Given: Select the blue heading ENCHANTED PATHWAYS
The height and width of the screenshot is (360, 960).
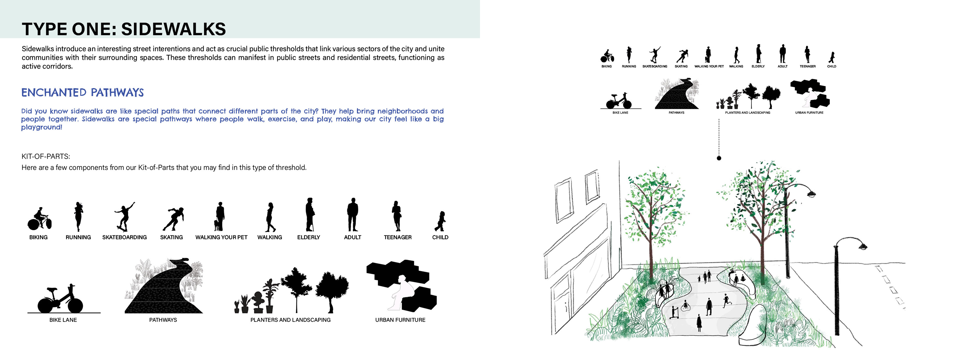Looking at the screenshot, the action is point(82,92).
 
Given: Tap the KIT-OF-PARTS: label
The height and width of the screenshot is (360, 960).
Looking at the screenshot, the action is point(46,156).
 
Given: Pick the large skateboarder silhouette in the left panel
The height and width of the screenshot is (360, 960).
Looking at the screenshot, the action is point(124,217).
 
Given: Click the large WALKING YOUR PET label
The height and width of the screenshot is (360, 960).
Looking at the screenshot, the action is point(221,237).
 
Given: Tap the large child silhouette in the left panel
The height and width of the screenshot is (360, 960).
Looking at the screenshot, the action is point(440,221).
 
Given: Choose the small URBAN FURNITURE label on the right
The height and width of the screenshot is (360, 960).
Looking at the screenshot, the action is point(809,112).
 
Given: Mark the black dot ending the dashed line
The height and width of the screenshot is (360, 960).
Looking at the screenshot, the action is point(719,158).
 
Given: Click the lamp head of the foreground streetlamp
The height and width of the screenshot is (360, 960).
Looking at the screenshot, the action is point(862,246).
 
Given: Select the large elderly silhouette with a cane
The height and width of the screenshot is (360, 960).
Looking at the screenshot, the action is point(310,214).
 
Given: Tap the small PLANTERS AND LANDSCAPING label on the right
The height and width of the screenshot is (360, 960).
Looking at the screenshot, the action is point(747,112).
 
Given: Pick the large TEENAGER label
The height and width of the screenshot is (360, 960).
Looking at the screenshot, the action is point(398,237).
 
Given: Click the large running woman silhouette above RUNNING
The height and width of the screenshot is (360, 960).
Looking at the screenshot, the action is point(78,217).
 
